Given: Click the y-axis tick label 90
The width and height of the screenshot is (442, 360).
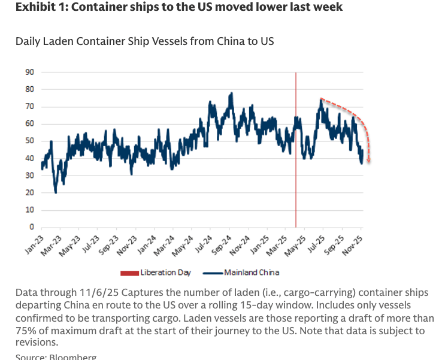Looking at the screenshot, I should click(29, 72).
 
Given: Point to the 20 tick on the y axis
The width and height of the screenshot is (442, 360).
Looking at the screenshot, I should click(29, 193).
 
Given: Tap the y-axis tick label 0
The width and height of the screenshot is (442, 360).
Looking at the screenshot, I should click(32, 228).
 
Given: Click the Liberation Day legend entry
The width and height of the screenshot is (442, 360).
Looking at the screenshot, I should click(165, 273).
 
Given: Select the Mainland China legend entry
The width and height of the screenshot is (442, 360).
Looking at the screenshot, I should click(252, 273).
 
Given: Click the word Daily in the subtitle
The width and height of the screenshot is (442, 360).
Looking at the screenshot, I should click(28, 41).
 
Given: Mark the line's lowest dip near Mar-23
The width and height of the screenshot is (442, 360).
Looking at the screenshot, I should click(56, 192).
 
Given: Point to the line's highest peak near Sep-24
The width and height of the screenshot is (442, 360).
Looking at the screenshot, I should click(231, 93).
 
